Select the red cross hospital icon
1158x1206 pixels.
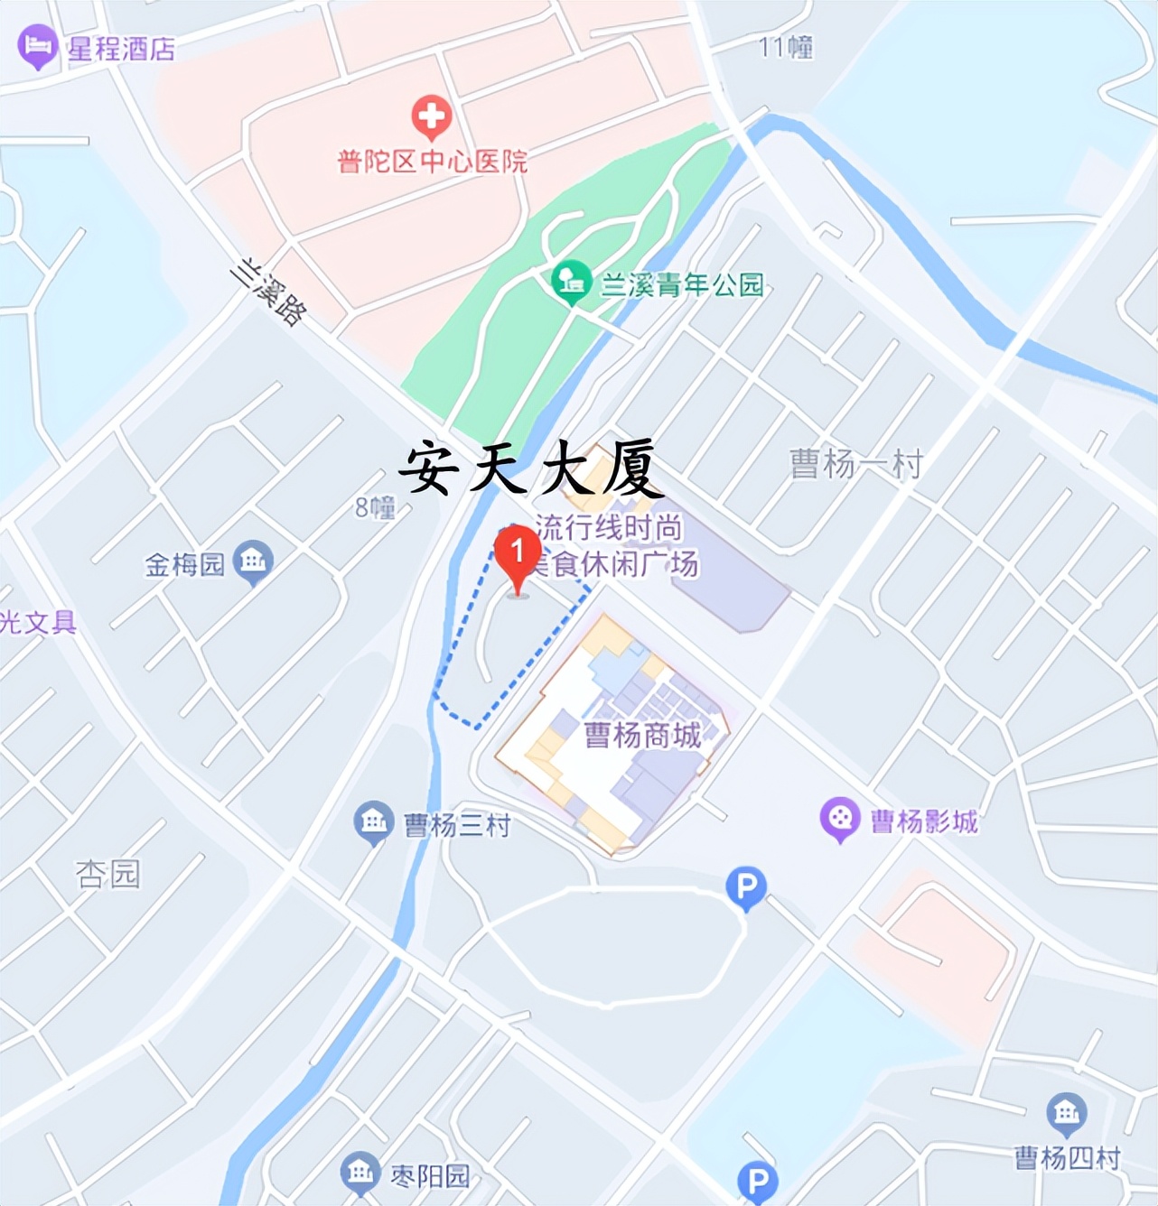point(432,116)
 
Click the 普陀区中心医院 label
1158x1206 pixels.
point(432,162)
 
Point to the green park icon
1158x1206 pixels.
point(571,282)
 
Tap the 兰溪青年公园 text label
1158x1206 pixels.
point(682,285)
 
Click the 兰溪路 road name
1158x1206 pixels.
point(267,292)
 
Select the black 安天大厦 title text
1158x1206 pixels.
point(530,468)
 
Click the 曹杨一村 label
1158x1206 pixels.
point(855,464)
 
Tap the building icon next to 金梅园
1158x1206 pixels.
point(253,561)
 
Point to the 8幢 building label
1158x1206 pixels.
point(375,507)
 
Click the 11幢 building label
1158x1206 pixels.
point(786,47)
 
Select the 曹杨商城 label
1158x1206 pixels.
point(642,735)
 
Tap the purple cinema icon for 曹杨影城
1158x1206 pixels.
point(840,818)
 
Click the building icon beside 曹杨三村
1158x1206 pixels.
point(373,821)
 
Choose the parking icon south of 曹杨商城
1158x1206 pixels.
point(746,888)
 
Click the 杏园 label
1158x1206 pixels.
point(107,874)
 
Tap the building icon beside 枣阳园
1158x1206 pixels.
point(360,1172)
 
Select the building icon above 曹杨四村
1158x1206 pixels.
point(1067,1113)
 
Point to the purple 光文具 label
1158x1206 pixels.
point(38,622)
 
